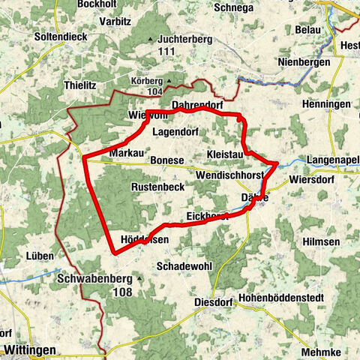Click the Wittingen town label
point(30,349)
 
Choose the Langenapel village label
point(334,160)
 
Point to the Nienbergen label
point(304,63)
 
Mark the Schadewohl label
point(182,266)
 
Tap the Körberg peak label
point(147,78)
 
